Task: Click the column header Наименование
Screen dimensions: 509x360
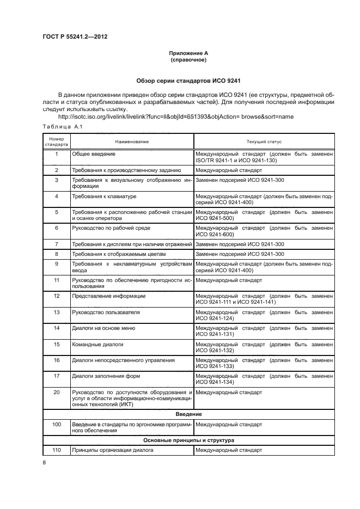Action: pos(131,142)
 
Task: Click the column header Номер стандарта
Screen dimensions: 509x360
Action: pos(56,142)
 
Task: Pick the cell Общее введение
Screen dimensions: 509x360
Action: pos(93,154)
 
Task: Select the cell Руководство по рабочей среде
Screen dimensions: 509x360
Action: pos(111,228)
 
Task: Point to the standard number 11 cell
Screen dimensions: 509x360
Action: pos(56,280)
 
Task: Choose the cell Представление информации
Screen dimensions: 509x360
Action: pos(108,296)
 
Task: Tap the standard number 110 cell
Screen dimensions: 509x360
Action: pos(56,450)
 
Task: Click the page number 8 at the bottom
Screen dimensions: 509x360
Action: pos(45,462)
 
